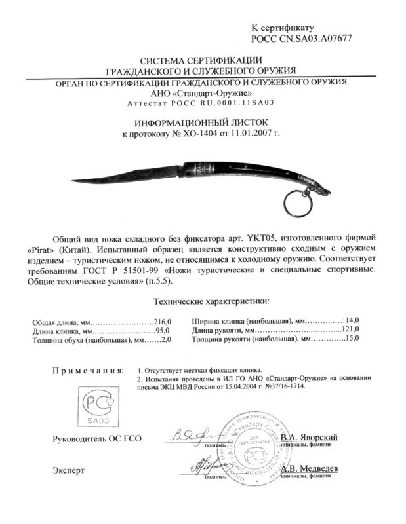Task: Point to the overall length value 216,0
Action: (x=161, y=322)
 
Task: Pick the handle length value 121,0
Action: (x=352, y=331)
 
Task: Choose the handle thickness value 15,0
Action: (x=354, y=341)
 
